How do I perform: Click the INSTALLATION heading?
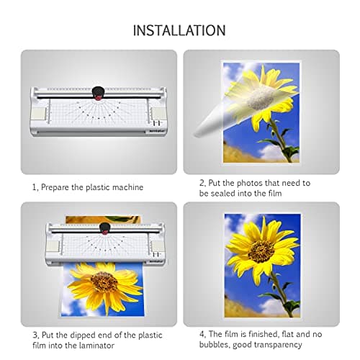point(179,30)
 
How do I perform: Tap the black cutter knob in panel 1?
point(96,93)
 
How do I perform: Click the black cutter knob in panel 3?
point(106,229)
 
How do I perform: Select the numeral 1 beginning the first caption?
point(34,187)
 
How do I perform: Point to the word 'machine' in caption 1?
point(127,187)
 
